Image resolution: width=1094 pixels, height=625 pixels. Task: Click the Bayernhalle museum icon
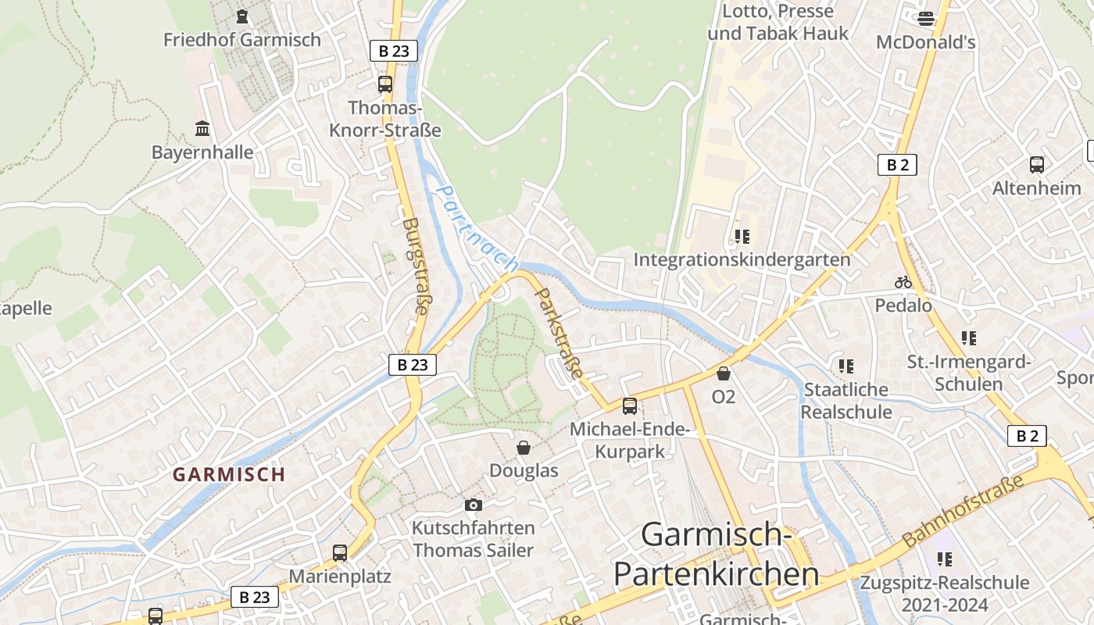click(x=202, y=128)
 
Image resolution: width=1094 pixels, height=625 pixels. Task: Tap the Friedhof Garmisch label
click(x=241, y=39)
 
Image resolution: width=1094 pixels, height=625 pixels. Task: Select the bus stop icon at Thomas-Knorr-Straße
click(x=385, y=84)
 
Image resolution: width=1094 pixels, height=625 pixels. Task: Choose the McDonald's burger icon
click(x=926, y=18)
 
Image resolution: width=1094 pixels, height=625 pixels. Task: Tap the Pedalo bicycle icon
click(x=903, y=282)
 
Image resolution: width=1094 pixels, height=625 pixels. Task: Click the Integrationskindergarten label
click(x=742, y=259)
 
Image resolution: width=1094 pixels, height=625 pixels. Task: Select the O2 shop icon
click(x=724, y=373)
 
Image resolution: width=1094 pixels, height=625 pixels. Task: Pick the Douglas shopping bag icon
click(x=524, y=448)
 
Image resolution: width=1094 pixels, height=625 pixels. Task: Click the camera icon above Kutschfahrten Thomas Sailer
click(x=473, y=505)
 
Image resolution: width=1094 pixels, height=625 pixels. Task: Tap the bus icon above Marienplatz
click(x=340, y=553)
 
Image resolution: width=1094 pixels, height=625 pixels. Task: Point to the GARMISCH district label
click(x=229, y=474)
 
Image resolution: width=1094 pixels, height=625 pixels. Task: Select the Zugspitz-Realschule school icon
click(x=945, y=559)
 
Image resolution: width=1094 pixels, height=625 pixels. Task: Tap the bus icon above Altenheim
click(x=1037, y=165)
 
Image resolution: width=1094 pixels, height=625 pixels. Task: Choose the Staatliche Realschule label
click(x=846, y=400)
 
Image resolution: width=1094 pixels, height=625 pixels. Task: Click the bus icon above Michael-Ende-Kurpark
click(x=630, y=406)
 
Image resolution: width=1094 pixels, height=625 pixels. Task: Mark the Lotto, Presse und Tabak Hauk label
click(x=778, y=23)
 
